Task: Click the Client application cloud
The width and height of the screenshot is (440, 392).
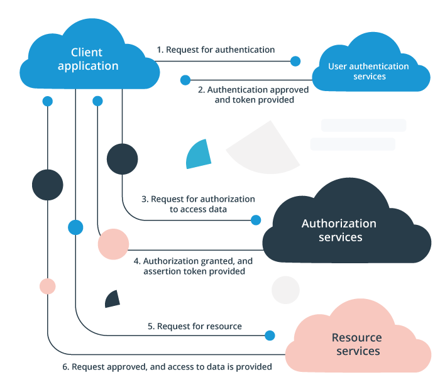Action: (x=88, y=59)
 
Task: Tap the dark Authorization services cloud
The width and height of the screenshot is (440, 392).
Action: (x=339, y=230)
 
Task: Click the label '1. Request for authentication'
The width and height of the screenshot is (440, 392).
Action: (x=216, y=50)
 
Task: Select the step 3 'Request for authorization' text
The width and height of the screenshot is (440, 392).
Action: (x=198, y=204)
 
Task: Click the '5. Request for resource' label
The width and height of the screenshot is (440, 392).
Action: (x=195, y=326)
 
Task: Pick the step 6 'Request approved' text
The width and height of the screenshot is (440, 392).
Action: (x=167, y=366)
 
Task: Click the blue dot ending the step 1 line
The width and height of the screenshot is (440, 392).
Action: (x=295, y=61)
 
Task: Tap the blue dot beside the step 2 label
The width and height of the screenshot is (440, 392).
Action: (x=185, y=80)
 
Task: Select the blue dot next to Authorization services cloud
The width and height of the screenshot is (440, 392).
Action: (x=256, y=220)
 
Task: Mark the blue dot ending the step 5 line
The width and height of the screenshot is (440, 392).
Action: (x=270, y=335)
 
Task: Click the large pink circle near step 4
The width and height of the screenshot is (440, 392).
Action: (x=113, y=244)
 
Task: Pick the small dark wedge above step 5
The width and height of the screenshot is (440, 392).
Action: (x=113, y=300)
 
